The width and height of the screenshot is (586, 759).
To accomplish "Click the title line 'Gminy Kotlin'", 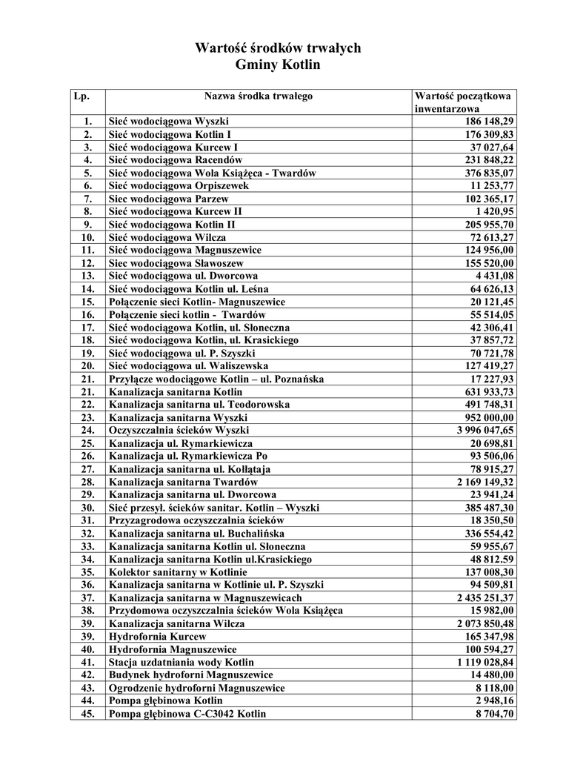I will (x=277, y=65).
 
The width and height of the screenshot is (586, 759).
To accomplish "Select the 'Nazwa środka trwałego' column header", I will (x=259, y=96).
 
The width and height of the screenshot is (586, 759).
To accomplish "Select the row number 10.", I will (x=87, y=237).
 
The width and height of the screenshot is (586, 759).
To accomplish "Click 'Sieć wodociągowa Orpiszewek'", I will (x=179, y=185).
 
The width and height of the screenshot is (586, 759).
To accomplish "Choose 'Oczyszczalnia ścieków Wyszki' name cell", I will (x=179, y=430).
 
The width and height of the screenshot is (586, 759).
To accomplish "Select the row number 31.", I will (x=87, y=520).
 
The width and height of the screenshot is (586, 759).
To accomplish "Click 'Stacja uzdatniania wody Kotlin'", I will (x=181, y=662).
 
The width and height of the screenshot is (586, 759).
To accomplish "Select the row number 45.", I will (x=87, y=714).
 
